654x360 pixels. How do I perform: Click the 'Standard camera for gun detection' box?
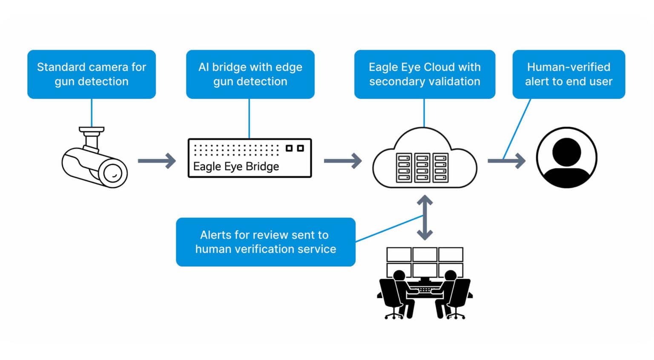point(92,74)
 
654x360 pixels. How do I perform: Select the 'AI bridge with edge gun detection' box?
point(250,74)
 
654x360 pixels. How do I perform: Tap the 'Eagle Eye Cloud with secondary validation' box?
point(425,74)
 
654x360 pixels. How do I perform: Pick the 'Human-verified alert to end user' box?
point(568,74)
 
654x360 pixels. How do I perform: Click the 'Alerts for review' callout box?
point(265,242)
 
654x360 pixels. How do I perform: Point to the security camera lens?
point(113,173)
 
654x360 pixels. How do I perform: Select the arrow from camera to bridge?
point(157,161)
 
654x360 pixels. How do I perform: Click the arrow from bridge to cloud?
point(343,161)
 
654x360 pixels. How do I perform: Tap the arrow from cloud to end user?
point(506,161)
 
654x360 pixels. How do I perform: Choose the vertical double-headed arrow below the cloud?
point(425,217)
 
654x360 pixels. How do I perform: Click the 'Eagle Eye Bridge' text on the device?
point(236,167)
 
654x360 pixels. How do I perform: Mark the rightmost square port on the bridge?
point(301,148)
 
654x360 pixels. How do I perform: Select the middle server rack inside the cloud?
point(422,168)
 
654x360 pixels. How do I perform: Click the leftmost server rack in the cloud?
point(404,168)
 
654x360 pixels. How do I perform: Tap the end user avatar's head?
point(566,151)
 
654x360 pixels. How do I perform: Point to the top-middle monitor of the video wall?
point(425,254)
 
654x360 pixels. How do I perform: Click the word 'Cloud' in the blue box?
point(440,67)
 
